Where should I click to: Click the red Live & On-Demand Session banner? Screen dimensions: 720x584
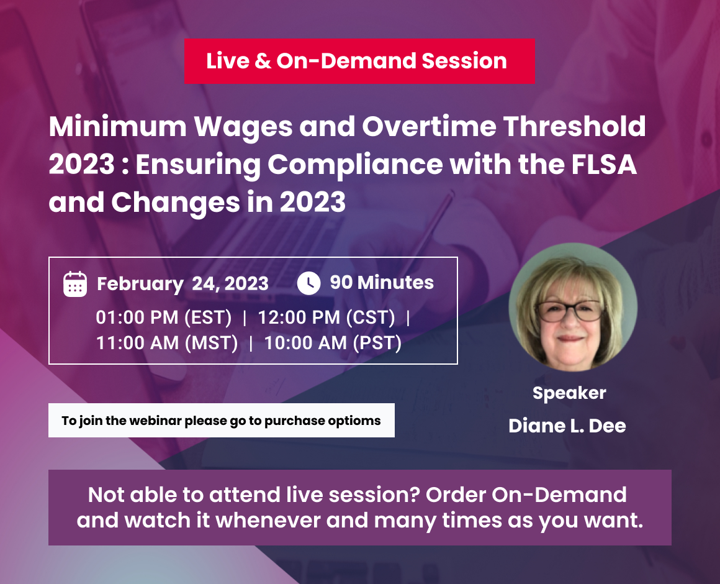(359, 61)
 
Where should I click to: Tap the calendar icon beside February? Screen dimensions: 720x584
(75, 284)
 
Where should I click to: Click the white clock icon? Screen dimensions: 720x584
(309, 283)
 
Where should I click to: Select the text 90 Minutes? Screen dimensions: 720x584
(382, 283)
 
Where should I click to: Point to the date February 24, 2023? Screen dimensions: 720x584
(182, 284)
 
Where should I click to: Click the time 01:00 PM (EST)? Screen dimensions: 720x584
(164, 317)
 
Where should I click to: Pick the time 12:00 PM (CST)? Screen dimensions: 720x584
(326, 317)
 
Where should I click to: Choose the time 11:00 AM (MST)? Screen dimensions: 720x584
(167, 343)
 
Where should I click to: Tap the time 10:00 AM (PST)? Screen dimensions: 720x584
(333, 343)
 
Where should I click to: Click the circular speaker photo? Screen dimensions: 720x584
(573, 307)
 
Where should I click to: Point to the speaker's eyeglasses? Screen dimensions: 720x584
(569, 311)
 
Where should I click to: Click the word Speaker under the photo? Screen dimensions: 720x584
(569, 393)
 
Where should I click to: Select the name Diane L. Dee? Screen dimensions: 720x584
(567, 426)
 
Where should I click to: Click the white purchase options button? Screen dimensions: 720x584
(222, 421)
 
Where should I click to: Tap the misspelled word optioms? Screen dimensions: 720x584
(353, 421)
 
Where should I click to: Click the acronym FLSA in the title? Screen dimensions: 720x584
(604, 165)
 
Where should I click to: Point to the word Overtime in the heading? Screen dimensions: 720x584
(430, 126)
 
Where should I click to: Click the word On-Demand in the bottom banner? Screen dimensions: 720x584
(559, 495)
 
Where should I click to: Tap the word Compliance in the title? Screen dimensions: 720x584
(356, 165)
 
